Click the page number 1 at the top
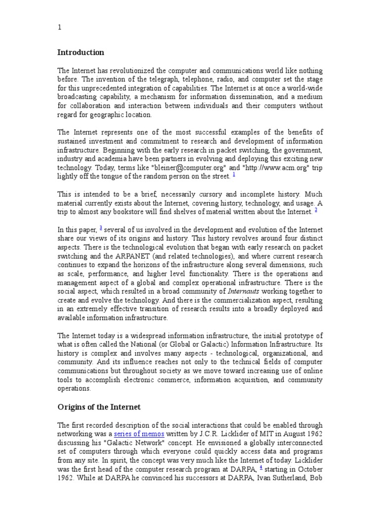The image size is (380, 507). click(x=59, y=28)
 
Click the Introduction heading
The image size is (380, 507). click(x=81, y=52)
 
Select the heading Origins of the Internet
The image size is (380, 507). click(x=99, y=407)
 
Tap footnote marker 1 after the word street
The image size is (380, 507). click(x=234, y=174)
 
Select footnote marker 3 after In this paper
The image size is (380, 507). click(x=101, y=228)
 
